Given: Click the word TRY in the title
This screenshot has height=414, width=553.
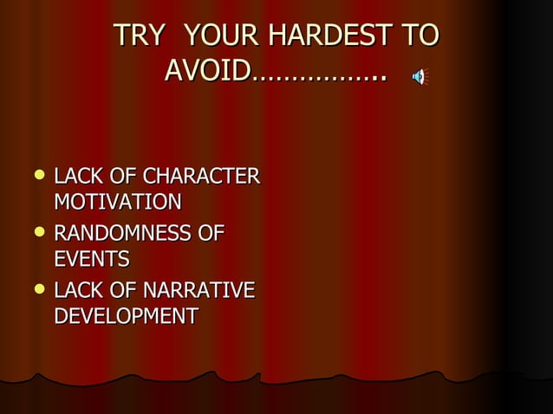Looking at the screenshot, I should [139, 36].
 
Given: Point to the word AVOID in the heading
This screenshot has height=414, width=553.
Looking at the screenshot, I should [208, 70].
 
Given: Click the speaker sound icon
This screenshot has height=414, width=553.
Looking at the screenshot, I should [420, 77].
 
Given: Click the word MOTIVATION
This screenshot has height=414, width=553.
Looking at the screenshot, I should [118, 203].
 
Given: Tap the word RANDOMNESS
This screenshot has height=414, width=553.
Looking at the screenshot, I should [127, 233].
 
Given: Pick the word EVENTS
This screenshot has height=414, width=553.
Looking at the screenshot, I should [92, 259].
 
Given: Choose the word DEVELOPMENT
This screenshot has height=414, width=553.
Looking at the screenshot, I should [126, 316].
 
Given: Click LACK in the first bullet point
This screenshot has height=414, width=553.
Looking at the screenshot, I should [75, 177].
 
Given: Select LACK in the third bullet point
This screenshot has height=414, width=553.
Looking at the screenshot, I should [75, 290].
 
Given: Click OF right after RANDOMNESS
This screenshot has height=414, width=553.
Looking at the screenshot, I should [213, 233].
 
